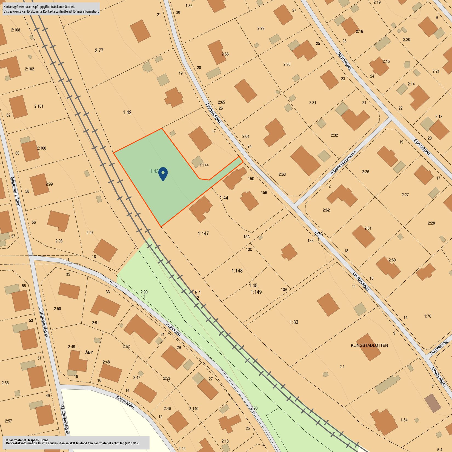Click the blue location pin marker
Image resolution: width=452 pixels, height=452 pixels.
pyautogui.click(x=163, y=173)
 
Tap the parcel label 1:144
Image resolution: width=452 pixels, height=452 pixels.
pyautogui.click(x=204, y=165)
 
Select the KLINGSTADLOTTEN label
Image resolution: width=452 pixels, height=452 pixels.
pyautogui.click(x=369, y=345)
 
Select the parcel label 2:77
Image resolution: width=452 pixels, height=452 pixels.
pyautogui.click(x=99, y=50)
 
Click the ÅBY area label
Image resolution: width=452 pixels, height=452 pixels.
pyautogui.click(x=89, y=352)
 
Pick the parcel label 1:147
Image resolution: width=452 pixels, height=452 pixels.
pyautogui.click(x=203, y=233)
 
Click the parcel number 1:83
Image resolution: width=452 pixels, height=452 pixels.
pyautogui.click(x=294, y=322)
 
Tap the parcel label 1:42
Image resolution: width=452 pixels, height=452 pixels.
pyautogui.click(x=127, y=112)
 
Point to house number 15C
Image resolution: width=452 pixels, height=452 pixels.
pyautogui.click(x=251, y=179)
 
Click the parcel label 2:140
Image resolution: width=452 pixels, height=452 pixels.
pyautogui.click(x=194, y=409)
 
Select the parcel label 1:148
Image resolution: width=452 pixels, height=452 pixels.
pyautogui.click(x=237, y=271)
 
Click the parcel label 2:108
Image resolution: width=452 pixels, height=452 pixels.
pyautogui.click(x=16, y=30)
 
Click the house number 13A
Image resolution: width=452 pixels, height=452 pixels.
pyautogui.click(x=284, y=290)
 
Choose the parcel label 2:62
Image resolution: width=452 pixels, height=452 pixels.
pyautogui.click(x=326, y=210)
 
